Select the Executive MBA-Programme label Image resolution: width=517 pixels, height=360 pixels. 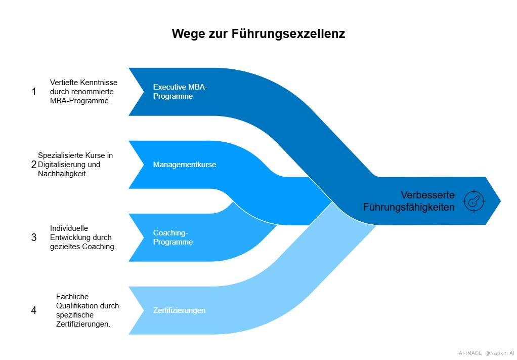coord(180,92)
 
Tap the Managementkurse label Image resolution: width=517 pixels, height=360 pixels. coord(184,165)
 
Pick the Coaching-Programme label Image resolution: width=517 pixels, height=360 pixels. coord(173,237)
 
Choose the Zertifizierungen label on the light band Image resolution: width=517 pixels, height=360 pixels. coord(179,310)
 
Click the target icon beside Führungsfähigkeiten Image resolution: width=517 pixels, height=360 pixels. coord(473,201)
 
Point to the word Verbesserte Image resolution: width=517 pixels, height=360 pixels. coord(427,195)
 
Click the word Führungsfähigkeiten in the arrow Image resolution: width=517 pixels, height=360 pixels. coord(409,207)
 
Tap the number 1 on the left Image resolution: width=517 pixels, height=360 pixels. coord(34,92)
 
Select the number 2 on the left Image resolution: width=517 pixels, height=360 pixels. coord(34,165)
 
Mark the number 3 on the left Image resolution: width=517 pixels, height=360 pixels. coord(34,237)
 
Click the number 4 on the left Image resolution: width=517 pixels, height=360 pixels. coord(34,310)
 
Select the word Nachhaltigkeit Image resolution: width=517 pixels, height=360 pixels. coord(62,174)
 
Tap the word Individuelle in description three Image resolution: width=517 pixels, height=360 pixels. coord(69,228)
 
